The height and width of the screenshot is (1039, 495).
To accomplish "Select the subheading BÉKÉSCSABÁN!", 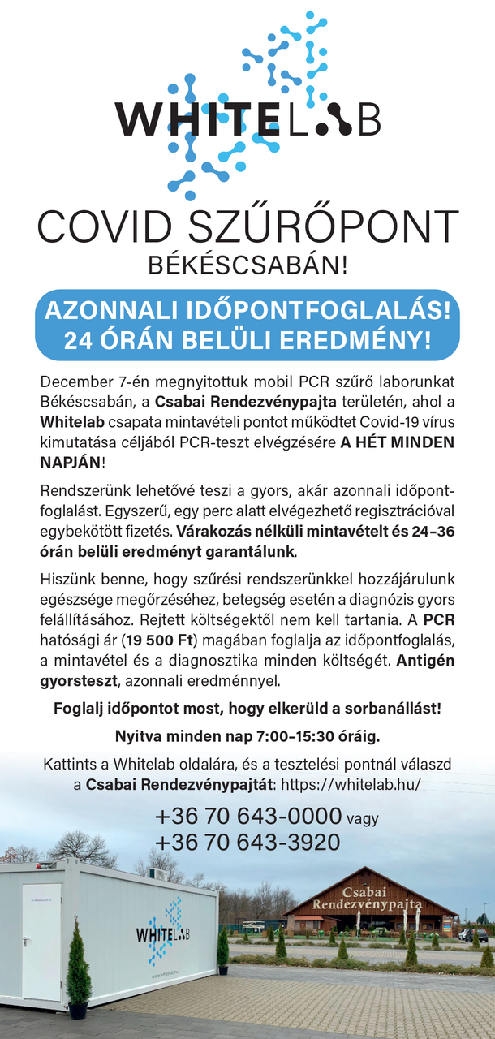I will (247, 265).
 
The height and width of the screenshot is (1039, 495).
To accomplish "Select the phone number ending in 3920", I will (247, 843).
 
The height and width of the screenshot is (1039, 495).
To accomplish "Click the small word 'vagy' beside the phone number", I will (362, 819).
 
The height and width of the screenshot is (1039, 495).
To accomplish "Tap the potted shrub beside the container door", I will (79, 966).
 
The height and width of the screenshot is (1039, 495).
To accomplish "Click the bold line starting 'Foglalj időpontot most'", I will (247, 708).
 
